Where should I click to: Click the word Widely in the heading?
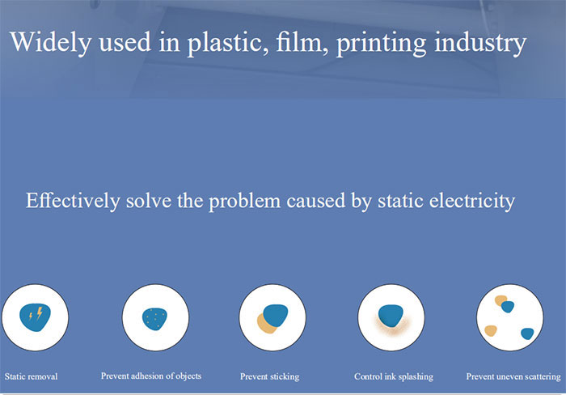tap(50, 42)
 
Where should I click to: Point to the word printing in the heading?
tap(381, 44)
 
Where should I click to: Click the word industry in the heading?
tap(480, 44)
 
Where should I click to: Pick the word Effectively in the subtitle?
tap(73, 201)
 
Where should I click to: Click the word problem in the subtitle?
tap(245, 202)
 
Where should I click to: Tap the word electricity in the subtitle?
tap(471, 201)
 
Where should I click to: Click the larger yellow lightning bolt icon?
tap(40, 312)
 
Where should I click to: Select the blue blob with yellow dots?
tap(155, 319)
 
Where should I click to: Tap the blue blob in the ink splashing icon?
tap(391, 316)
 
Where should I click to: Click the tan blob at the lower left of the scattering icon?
tap(491, 330)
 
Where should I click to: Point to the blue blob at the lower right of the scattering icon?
tap(527, 333)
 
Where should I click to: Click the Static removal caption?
tap(31, 376)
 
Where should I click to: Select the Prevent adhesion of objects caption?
tap(151, 376)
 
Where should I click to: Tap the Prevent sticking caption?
tap(269, 376)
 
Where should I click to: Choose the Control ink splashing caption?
tap(394, 376)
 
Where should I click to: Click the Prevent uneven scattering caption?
tap(513, 376)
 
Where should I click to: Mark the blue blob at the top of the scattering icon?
tap(508, 307)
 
